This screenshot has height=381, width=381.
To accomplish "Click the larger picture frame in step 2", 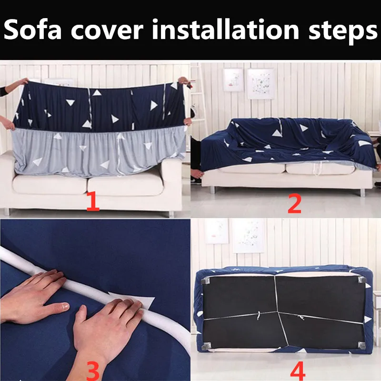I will pyautogui.click(x=261, y=84).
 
